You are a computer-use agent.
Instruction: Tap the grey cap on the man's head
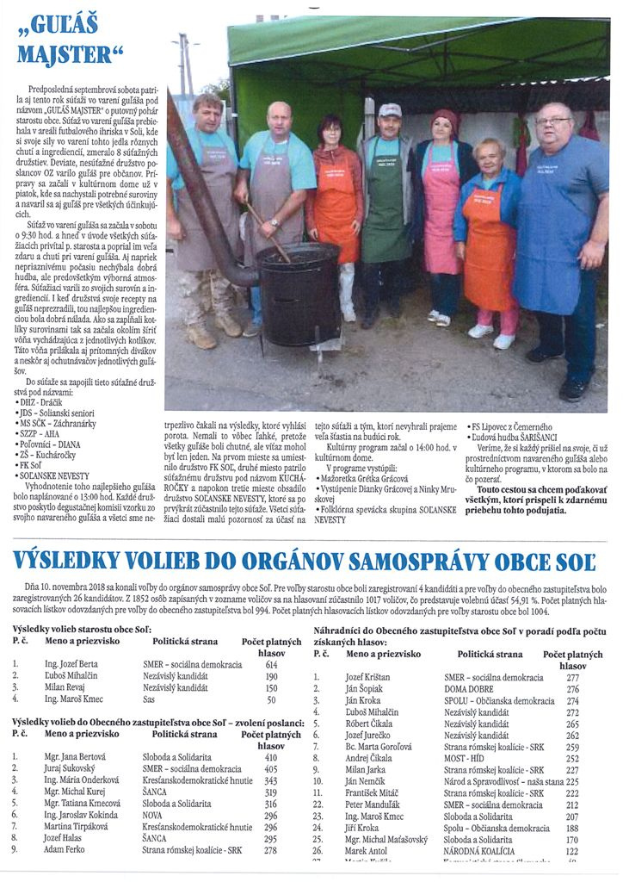click(x=390, y=110)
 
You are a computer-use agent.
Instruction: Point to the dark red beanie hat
click(x=444, y=118)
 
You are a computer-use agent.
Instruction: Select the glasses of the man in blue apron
click(x=552, y=122)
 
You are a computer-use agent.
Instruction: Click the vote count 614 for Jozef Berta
click(x=271, y=665)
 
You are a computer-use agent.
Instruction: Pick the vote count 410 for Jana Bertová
click(x=271, y=757)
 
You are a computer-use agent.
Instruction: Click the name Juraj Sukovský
click(x=71, y=768)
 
